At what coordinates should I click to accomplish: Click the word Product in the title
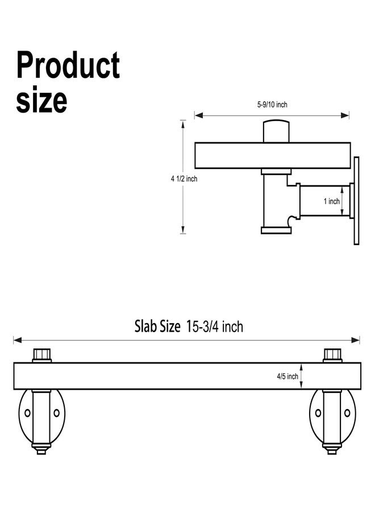[x=68, y=65]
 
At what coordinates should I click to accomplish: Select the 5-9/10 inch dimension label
[x=272, y=105]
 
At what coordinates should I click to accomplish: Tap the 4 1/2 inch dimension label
[x=184, y=179]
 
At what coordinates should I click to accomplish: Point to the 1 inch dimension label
[x=332, y=201]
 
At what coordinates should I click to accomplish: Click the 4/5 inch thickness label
[x=287, y=376]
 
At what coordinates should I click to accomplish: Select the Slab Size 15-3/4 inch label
[x=189, y=326]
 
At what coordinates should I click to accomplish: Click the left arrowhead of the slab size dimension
[x=18, y=340]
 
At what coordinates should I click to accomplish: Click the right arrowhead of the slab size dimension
[x=356, y=340]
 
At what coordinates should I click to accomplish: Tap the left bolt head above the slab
[x=41, y=355]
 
